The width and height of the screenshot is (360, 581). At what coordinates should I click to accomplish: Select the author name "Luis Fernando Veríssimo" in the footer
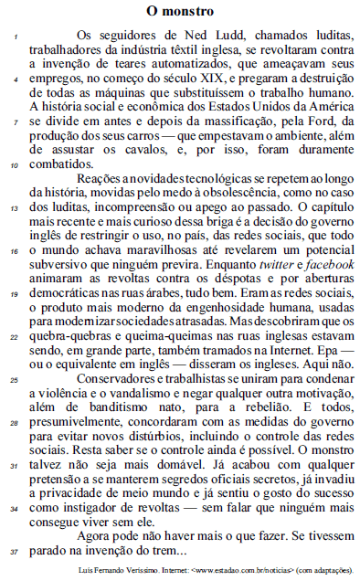pyautogui.click(x=122, y=571)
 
